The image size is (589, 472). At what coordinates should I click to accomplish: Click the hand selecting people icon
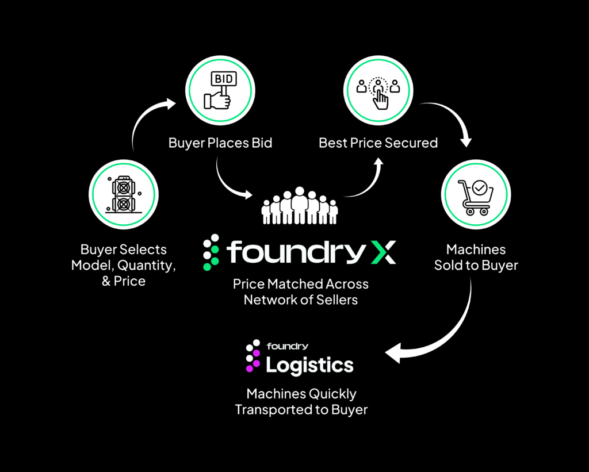point(378,91)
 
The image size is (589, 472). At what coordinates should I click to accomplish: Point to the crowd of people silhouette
point(299,206)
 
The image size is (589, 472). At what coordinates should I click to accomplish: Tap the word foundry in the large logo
point(293,252)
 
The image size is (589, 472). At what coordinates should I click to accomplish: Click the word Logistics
point(309,364)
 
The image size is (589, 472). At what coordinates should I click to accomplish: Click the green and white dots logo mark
point(211,252)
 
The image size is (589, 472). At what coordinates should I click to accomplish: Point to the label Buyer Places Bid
point(220,143)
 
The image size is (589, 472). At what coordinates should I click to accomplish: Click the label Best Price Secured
point(378,143)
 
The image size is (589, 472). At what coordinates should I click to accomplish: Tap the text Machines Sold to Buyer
point(476,257)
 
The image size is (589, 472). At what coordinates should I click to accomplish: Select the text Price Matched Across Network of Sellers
point(300,291)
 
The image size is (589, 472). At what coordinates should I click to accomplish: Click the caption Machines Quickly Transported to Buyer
point(301,401)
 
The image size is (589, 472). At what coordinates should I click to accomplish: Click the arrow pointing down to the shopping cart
point(454,121)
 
